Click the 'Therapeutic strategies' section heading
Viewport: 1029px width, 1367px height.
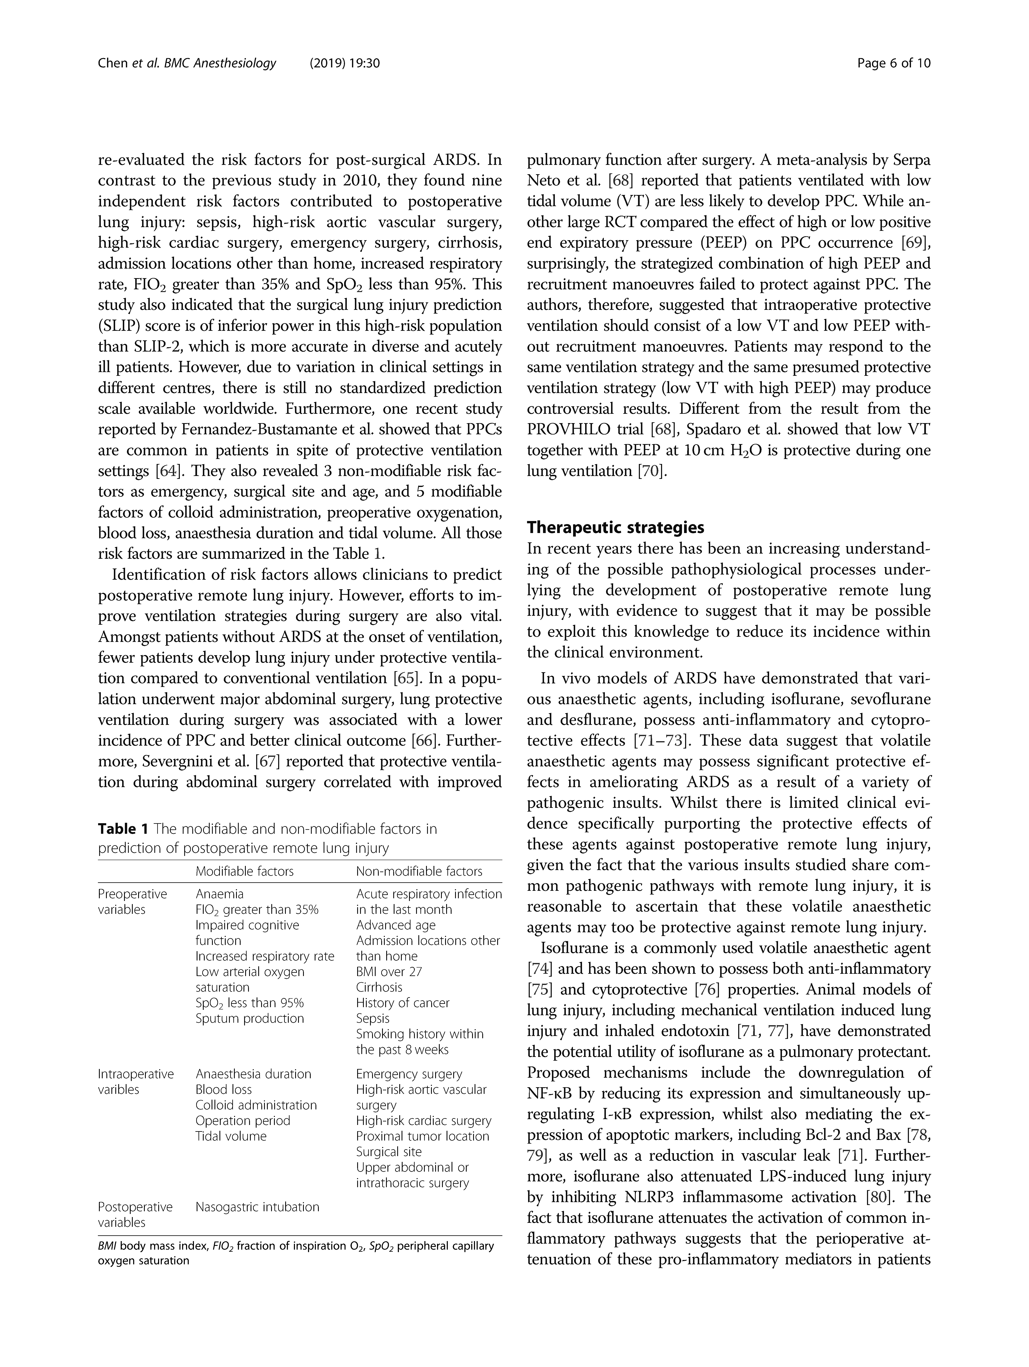pyautogui.click(x=615, y=527)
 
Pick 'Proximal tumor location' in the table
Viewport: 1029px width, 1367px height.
pyautogui.click(x=422, y=1136)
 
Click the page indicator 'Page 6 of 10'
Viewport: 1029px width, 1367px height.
pyautogui.click(x=894, y=63)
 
